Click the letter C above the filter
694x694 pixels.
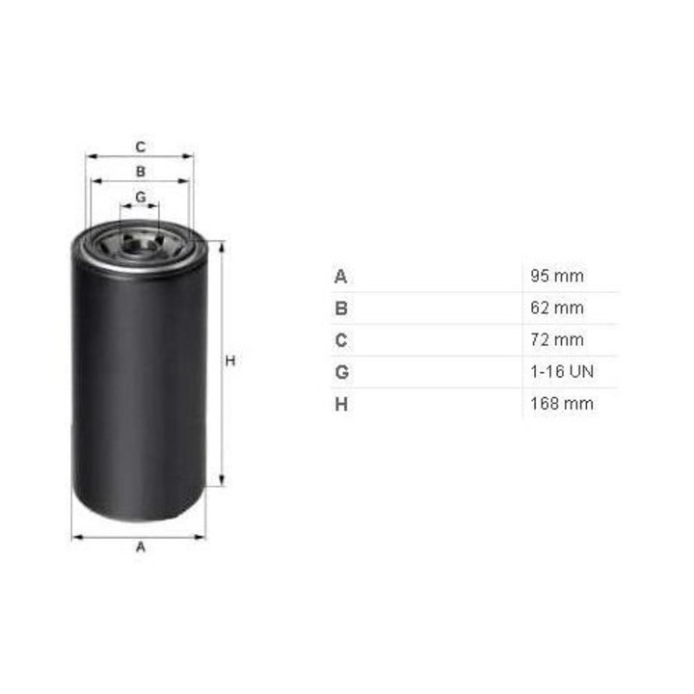tap(141, 147)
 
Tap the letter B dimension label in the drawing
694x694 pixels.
tap(141, 172)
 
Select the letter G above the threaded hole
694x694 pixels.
tap(141, 197)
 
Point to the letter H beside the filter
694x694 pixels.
tap(230, 361)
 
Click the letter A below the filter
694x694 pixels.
tap(141, 547)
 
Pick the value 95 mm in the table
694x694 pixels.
tap(557, 276)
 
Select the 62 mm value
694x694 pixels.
tap(557, 307)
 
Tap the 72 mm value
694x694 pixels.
tap(557, 340)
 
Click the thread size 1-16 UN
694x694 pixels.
tap(562, 372)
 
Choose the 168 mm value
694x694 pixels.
tap(562, 404)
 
